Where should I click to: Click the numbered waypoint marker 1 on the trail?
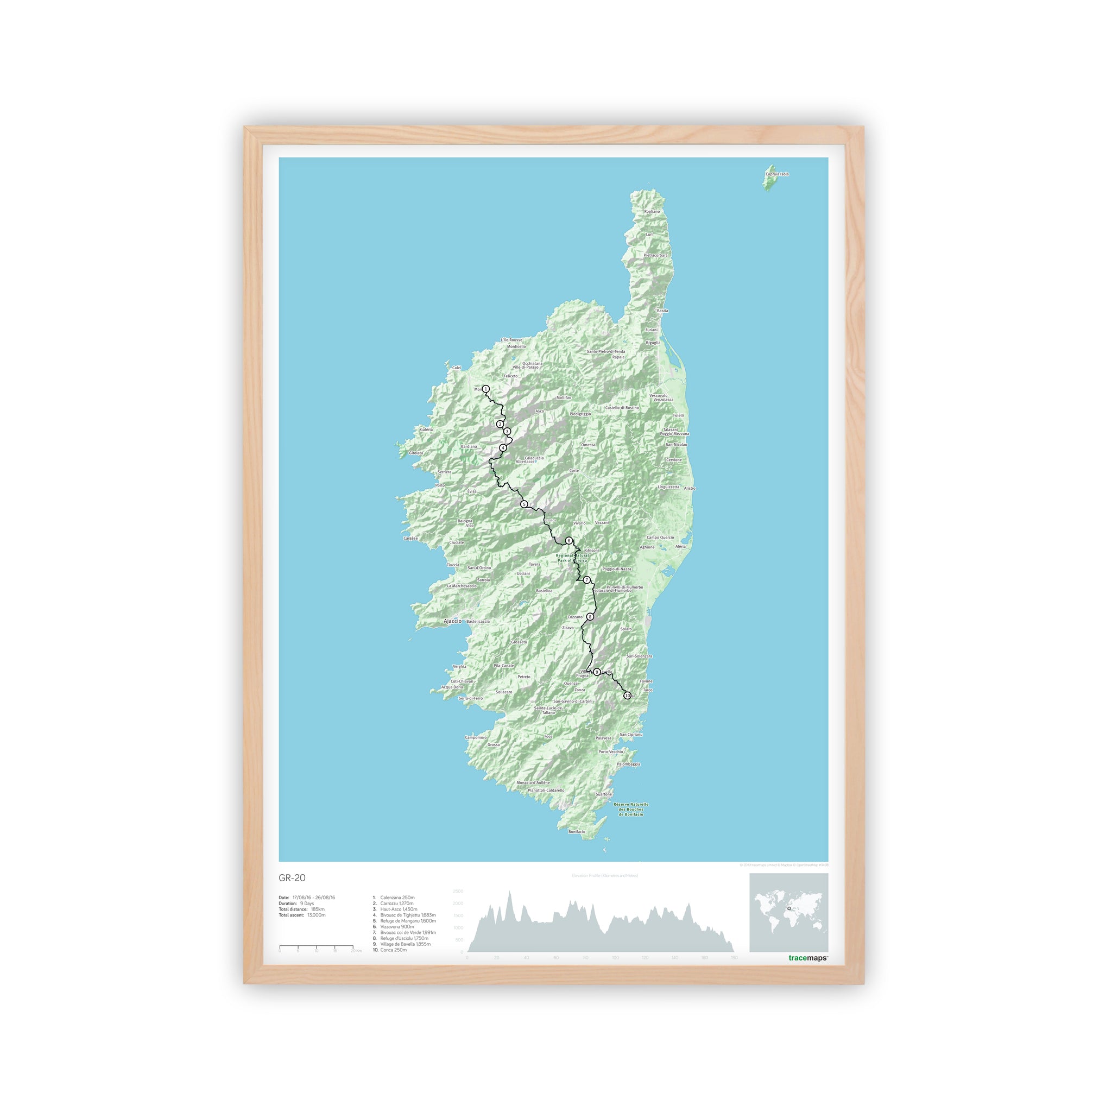486,389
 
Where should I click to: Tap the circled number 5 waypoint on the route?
524,504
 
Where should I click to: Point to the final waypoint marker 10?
627,696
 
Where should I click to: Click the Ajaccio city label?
453,621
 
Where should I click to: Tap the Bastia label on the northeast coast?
662,311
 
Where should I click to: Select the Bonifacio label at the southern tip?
577,832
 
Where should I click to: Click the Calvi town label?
457,368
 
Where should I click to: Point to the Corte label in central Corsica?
574,471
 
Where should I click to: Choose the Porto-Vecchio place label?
611,751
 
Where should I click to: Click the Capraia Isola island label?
777,174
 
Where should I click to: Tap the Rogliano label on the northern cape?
652,212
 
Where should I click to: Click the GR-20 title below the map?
292,878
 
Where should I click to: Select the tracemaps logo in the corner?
807,958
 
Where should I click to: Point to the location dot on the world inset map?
789,909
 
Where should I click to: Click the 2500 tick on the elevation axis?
458,891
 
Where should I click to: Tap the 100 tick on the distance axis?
615,958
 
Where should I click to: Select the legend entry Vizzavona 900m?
396,927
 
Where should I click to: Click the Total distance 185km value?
318,909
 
